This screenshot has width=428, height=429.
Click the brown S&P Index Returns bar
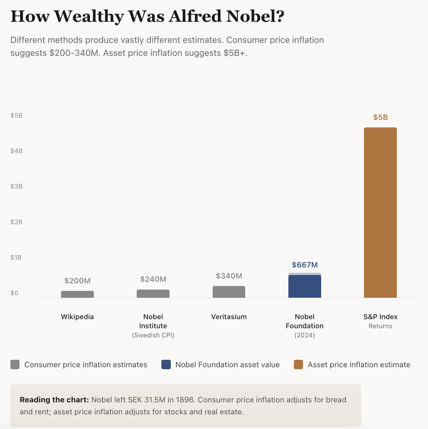click(380, 213)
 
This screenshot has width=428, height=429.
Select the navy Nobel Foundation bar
click(305, 286)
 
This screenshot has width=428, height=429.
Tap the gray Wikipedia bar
click(77, 294)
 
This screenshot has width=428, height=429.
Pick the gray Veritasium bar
click(229, 292)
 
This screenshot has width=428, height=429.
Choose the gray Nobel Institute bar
click(153, 293)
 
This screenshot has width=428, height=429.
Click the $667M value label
click(305, 265)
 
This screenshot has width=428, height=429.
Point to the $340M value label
click(229, 276)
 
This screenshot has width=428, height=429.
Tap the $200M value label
click(77, 281)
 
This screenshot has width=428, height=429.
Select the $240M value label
click(153, 279)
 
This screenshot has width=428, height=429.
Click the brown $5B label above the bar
click(380, 117)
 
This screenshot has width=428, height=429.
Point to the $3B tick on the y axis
click(17, 186)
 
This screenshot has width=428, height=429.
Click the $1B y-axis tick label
click(17, 257)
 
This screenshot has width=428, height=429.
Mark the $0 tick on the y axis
click(14, 293)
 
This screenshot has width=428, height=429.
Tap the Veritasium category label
click(229, 317)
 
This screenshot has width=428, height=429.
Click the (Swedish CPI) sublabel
click(153, 335)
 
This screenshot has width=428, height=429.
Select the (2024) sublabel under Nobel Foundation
click(305, 335)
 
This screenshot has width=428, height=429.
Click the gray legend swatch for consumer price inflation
click(15, 365)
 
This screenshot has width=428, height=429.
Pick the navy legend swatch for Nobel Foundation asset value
click(166, 365)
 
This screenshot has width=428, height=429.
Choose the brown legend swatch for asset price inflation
click(298, 365)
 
